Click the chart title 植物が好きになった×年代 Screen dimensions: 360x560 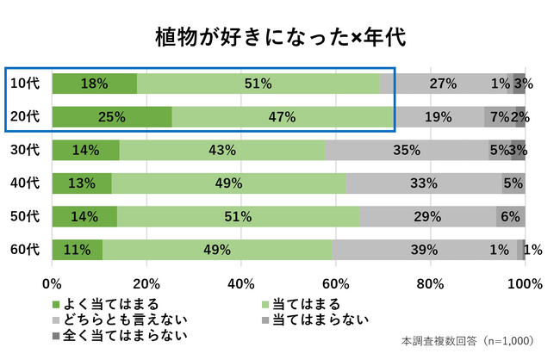tap(279, 37)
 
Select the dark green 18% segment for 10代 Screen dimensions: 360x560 tap(94, 84)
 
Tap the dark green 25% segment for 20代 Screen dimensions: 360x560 tap(111, 116)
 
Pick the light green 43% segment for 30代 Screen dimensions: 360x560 tap(222, 150)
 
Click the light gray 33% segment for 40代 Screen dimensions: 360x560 tap(424, 183)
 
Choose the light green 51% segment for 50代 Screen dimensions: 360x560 tap(238, 215)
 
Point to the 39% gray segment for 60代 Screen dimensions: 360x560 tap(424, 249)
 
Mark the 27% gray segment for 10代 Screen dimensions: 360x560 tap(443, 84)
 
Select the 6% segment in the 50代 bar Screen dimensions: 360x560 tap(510, 215)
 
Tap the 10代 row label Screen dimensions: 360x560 tap(25, 84)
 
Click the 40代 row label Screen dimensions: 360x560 tap(25, 183)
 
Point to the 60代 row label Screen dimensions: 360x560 tap(25, 249)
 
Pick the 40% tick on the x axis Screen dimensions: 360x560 tap(241, 282)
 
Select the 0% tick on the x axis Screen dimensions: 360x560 tap(53, 282)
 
